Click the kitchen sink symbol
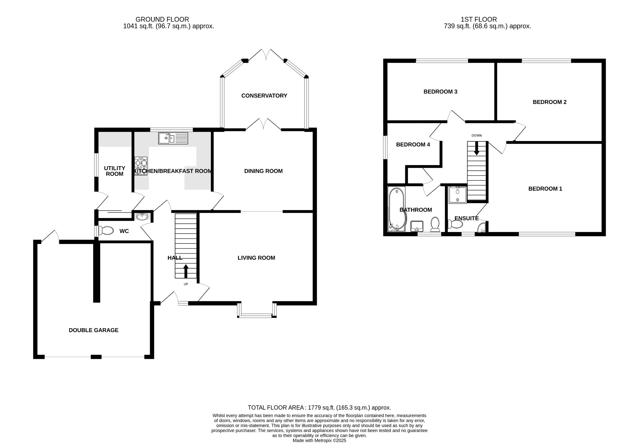click(x=173, y=138)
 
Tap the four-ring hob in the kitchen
click(x=141, y=166)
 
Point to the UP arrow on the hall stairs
click(x=186, y=271)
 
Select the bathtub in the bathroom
click(x=396, y=209)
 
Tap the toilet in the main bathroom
click(x=435, y=224)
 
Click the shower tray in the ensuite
click(x=457, y=195)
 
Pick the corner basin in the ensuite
click(x=482, y=229)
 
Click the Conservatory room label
click(x=264, y=96)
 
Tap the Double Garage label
click(x=94, y=330)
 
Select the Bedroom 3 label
click(x=440, y=92)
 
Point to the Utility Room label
click(x=115, y=171)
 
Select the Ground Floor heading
click(x=162, y=19)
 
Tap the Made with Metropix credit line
click(x=319, y=441)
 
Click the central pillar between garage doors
click(x=96, y=357)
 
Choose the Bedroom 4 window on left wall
click(x=385, y=147)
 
